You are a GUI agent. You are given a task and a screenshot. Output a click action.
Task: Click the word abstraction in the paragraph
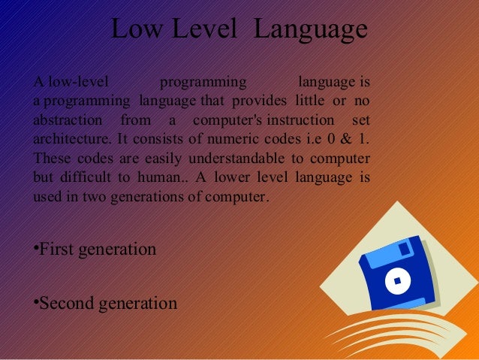tap(68, 121)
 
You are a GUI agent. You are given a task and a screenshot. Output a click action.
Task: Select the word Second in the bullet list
tap(65, 304)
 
